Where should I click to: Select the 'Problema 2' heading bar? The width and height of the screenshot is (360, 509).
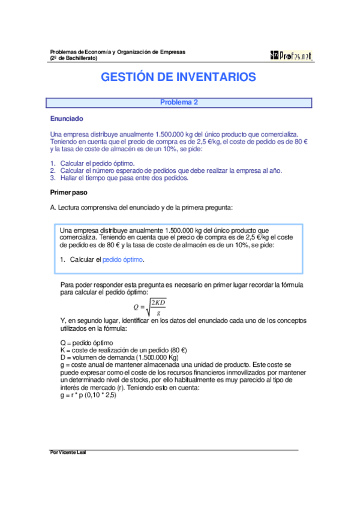179,102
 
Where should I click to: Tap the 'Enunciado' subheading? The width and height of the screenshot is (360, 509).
67,119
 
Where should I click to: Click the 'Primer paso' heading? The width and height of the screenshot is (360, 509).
68,193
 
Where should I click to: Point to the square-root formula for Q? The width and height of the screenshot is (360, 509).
150,306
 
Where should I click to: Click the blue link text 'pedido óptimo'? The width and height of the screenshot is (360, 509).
123,259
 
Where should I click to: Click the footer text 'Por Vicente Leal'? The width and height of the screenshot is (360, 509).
68,452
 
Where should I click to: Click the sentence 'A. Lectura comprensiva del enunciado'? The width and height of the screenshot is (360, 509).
141,208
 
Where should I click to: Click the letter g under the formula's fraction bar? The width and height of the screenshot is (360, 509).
158,313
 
